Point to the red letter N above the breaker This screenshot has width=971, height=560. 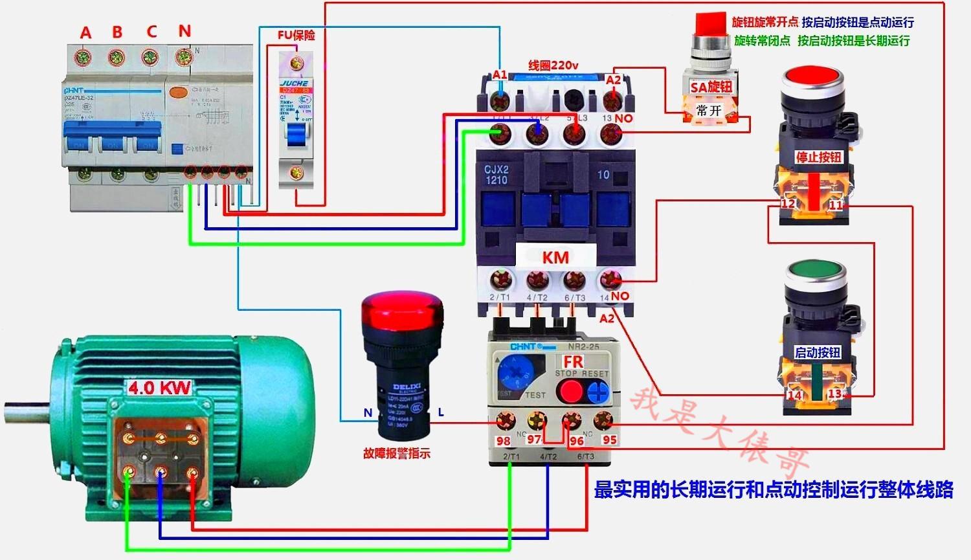(x=184, y=30)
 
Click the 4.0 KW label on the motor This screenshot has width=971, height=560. (x=159, y=388)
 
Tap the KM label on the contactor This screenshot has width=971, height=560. (x=555, y=257)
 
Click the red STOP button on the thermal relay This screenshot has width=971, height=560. (x=570, y=390)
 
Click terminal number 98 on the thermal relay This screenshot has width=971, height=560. (x=503, y=441)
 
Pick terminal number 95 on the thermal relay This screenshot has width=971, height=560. (x=609, y=440)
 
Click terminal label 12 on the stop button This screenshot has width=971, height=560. (x=787, y=204)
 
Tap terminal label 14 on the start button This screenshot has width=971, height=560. (x=794, y=395)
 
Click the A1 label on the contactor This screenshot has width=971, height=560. (x=500, y=75)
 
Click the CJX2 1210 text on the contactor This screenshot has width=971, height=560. (x=497, y=175)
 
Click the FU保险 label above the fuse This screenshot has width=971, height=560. (x=296, y=35)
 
